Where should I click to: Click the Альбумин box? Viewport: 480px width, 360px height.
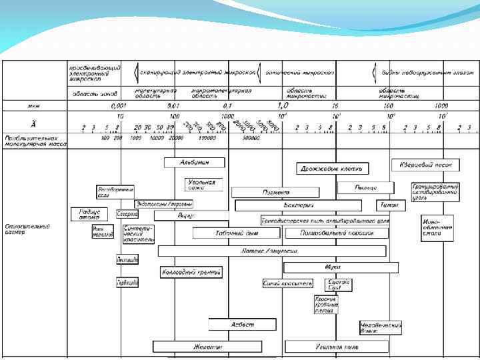click(x=194, y=162)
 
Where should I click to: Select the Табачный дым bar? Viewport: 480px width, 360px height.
click(x=236, y=233)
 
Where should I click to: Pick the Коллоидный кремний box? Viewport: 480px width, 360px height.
click(x=191, y=272)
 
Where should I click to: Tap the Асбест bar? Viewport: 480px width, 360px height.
click(x=242, y=325)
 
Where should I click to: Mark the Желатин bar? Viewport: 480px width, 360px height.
click(x=207, y=347)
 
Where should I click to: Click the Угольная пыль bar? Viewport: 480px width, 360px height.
click(x=337, y=347)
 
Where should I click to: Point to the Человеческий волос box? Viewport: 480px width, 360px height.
click(x=381, y=327)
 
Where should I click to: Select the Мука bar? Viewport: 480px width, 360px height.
click(x=341, y=267)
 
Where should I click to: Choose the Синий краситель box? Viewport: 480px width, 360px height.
click(x=287, y=283)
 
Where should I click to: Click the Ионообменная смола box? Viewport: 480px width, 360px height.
click(x=437, y=227)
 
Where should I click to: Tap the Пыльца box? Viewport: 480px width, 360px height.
click(x=365, y=188)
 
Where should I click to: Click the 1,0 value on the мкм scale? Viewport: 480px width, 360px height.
click(x=283, y=105)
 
